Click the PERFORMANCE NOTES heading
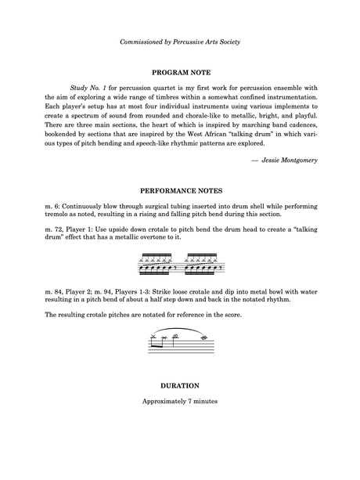180,189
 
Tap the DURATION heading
180,386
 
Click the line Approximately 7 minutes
180,402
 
